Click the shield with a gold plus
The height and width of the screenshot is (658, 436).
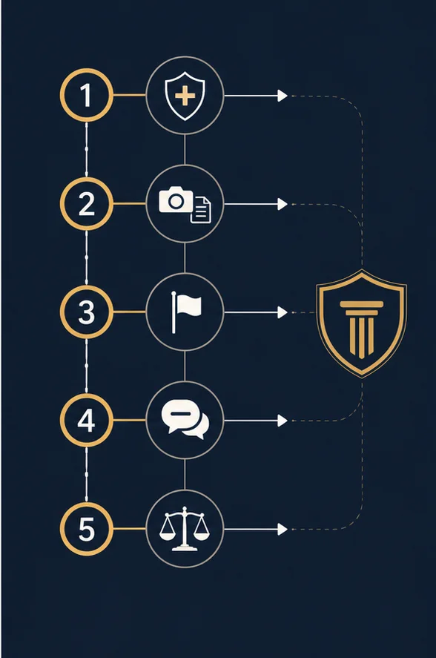185,96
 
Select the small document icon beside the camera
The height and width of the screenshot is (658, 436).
201,210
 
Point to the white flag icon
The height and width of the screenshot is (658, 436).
186,312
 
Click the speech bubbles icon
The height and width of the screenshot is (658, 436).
185,420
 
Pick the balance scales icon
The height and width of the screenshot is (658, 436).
184,528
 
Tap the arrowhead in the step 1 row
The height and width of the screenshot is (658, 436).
283,96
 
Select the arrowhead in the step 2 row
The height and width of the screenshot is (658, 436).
283,204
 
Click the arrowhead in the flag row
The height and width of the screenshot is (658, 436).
283,312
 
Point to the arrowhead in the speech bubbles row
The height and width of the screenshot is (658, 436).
283,421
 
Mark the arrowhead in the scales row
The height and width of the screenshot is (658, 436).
283,529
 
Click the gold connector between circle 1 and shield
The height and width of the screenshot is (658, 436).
129,95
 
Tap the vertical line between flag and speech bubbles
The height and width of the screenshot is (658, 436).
185,366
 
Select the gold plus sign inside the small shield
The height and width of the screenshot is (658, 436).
185,96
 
